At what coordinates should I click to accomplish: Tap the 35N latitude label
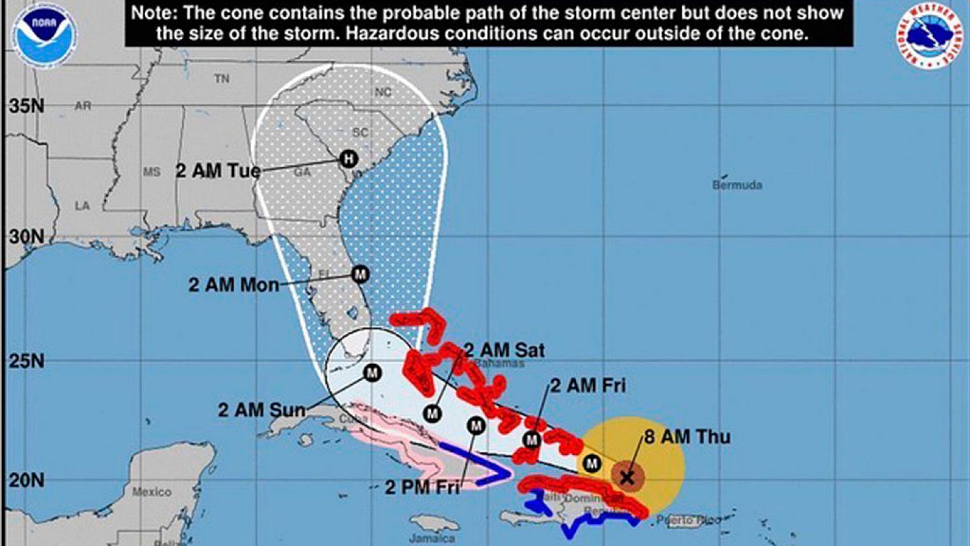27,106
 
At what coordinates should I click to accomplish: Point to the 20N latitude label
27,480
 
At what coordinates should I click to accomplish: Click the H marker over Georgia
348,159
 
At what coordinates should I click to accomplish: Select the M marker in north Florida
360,274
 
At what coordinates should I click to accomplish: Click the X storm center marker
627,477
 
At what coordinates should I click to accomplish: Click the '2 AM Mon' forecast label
233,285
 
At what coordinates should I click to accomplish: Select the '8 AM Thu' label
687,437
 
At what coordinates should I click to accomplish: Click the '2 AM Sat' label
504,350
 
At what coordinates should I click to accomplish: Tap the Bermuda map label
737,185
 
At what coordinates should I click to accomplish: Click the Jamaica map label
432,538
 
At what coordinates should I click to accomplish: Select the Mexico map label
152,491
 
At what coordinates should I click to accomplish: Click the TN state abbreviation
222,78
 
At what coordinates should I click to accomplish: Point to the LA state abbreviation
82,206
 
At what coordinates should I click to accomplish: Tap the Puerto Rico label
689,520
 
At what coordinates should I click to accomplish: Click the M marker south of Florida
372,372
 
